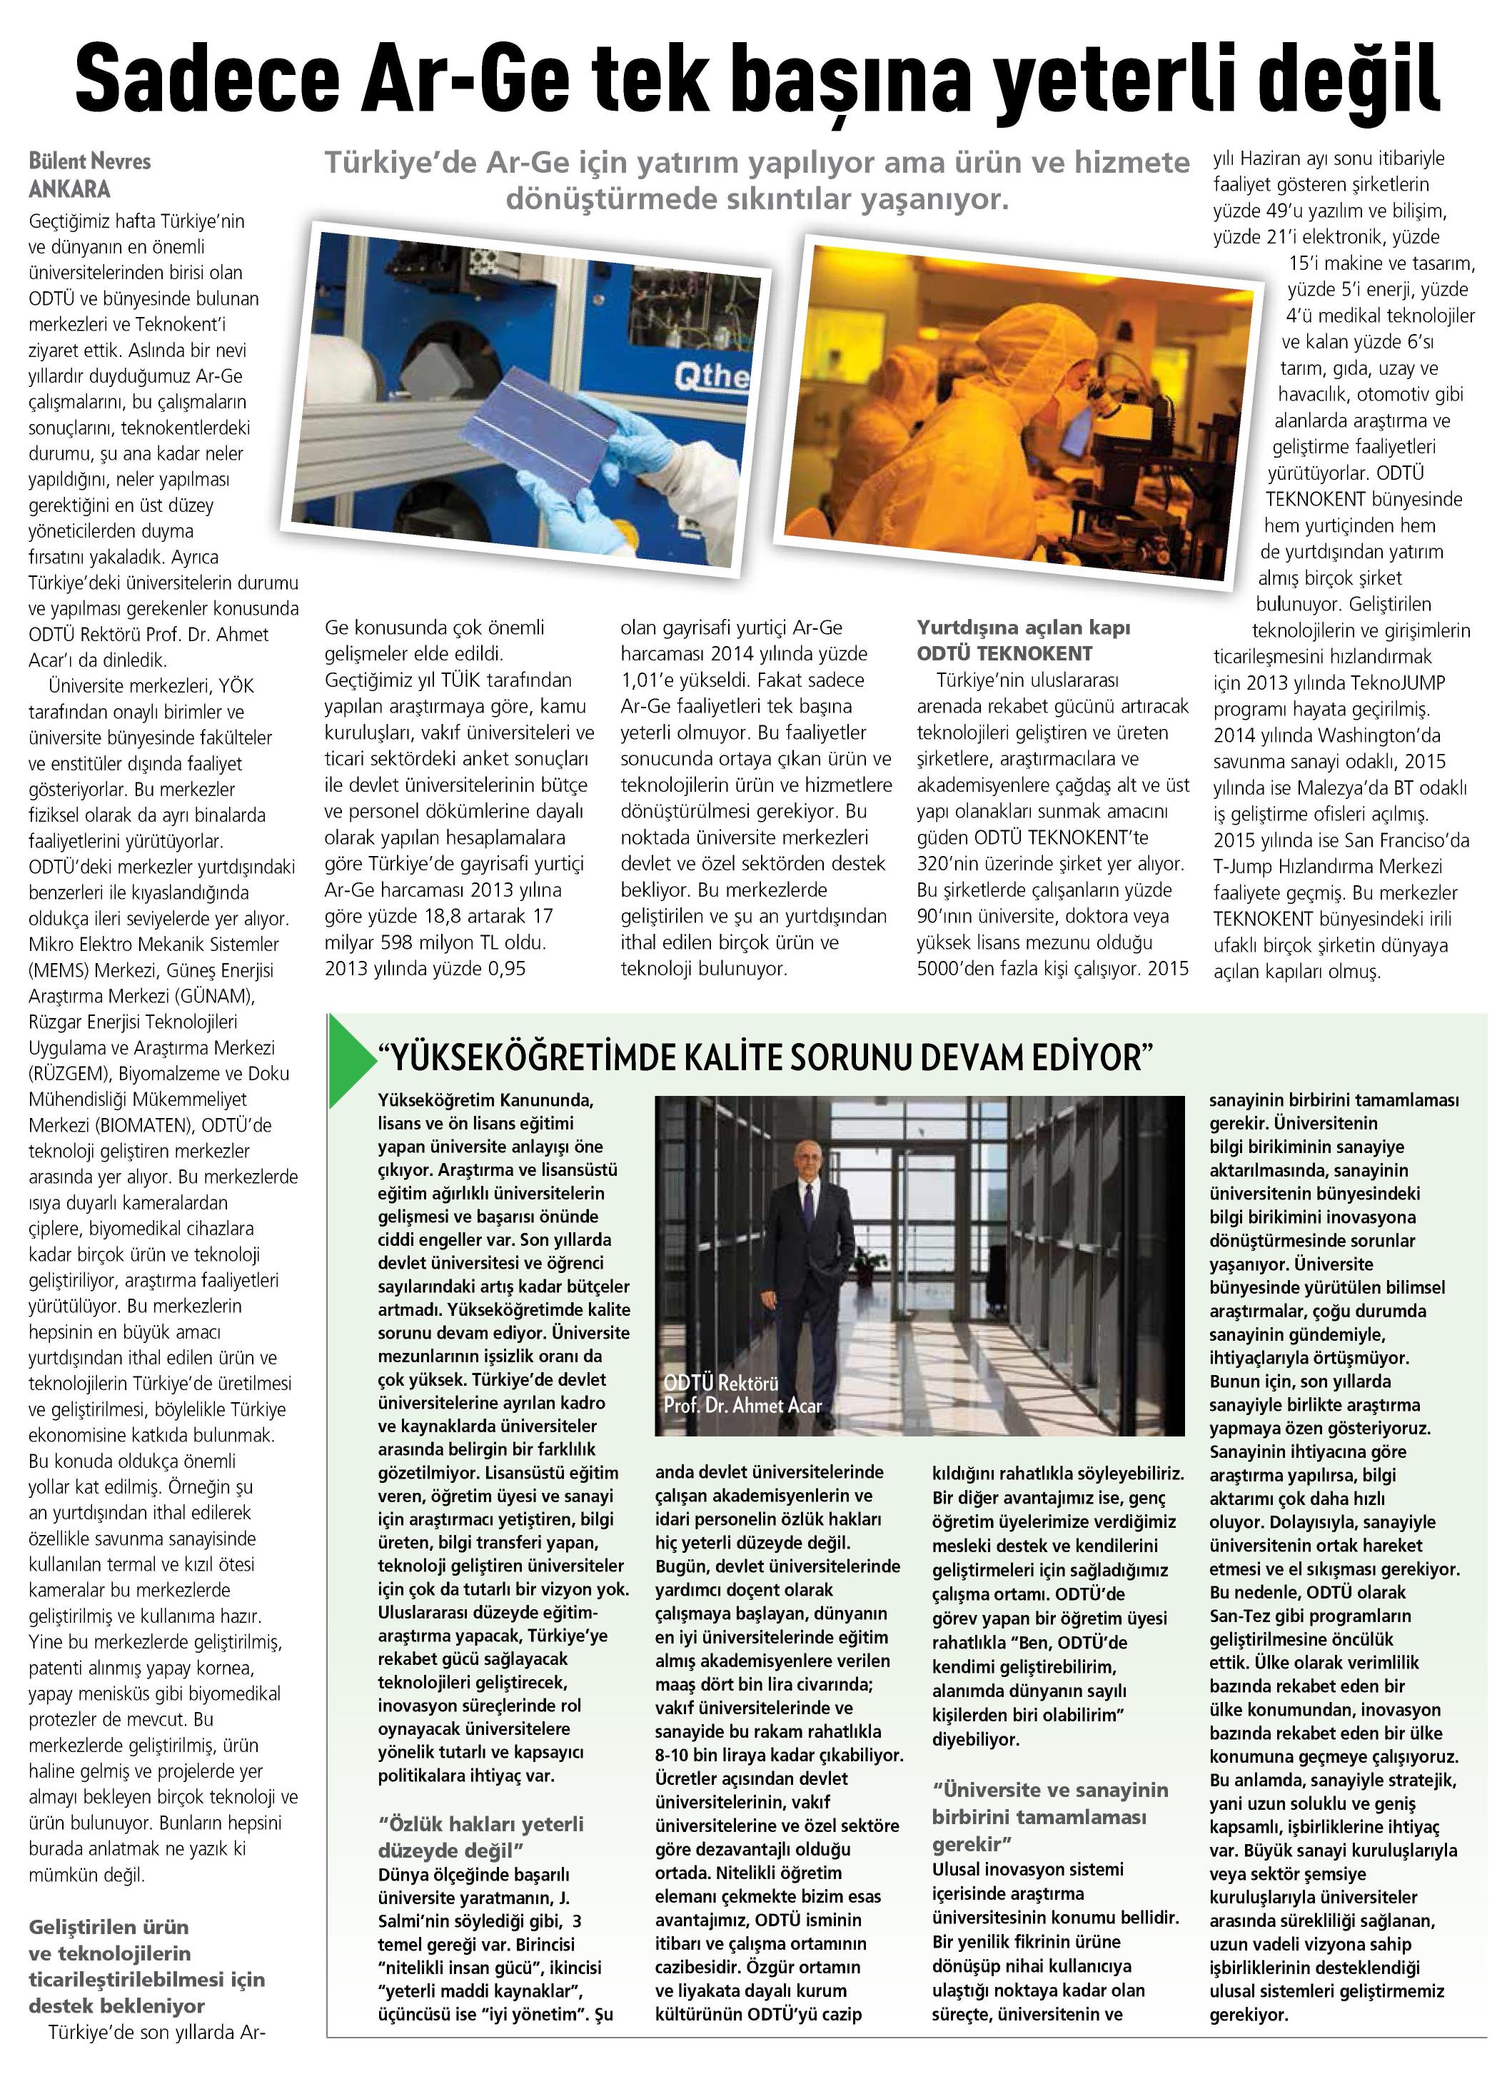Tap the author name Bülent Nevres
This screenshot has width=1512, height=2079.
[x=89, y=161]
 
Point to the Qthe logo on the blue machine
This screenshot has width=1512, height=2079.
[x=710, y=375]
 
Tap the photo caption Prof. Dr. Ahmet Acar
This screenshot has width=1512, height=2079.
[x=742, y=1405]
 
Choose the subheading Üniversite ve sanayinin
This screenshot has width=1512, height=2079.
[x=1049, y=1788]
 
